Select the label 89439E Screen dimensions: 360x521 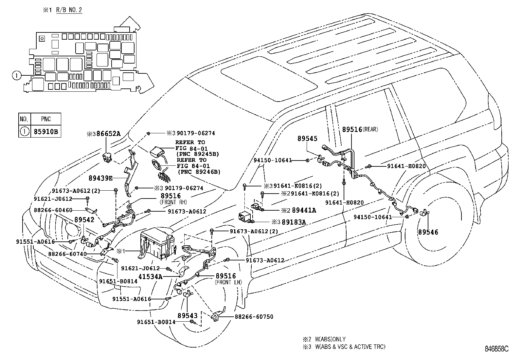pos(100,178)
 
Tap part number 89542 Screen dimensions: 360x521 pos(84,220)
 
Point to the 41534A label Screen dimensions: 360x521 pos(150,276)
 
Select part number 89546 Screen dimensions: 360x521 pos(428,232)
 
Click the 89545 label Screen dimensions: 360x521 pos(307,139)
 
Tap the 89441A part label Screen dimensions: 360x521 pos(304,210)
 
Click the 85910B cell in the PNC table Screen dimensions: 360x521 pos(46,132)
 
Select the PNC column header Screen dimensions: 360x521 pos(46,119)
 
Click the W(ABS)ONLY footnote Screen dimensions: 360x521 pos(330,339)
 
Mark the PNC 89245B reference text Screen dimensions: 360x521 pos(197,154)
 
